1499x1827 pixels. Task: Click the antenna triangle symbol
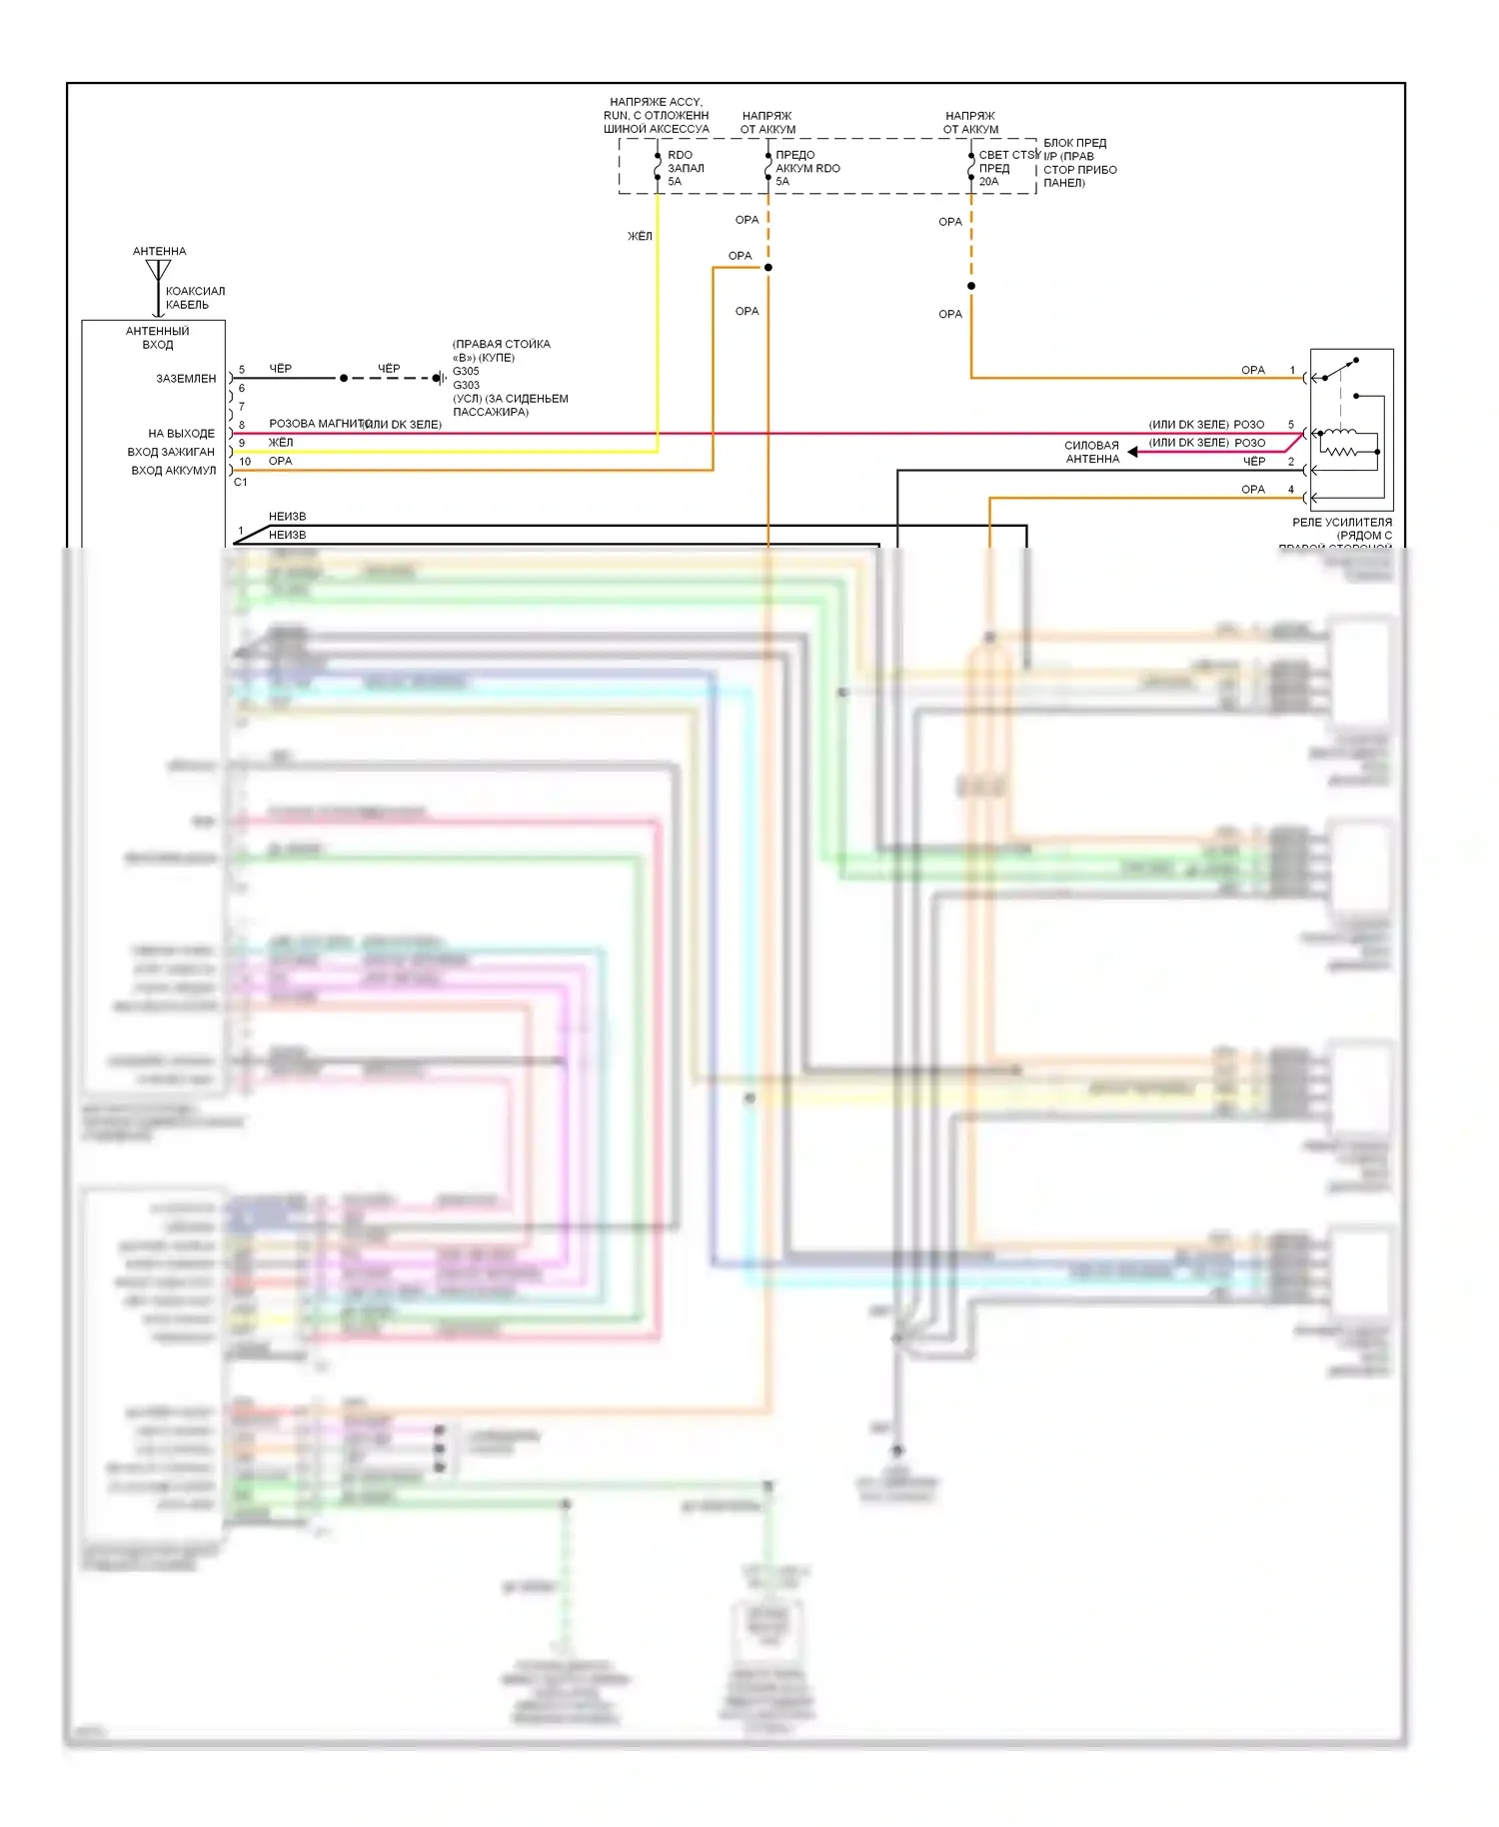pos(158,270)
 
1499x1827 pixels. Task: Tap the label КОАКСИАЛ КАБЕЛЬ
pos(194,298)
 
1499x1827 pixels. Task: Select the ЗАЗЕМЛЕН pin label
pos(186,379)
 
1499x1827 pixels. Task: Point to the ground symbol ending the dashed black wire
pos(439,378)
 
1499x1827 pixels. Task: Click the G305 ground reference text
pos(466,371)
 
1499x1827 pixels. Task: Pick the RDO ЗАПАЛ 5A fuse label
pos(686,168)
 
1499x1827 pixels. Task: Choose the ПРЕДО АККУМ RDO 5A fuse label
pos(806,168)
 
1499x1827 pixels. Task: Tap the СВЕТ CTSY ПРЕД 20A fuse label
pos(1007,168)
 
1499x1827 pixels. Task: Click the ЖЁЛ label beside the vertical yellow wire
pos(640,236)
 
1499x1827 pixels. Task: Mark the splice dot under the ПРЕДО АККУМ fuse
pos(768,267)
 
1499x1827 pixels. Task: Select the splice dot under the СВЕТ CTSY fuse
pos(971,286)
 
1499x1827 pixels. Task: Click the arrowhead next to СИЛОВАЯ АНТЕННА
pos(1133,452)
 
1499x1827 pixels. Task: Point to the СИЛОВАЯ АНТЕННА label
pos(1091,452)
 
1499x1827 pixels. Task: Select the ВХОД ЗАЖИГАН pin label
pos(171,452)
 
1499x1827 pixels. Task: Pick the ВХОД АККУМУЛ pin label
pos(173,471)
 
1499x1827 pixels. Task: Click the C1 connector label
pos(240,483)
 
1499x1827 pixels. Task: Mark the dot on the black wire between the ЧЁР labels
pos(344,378)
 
